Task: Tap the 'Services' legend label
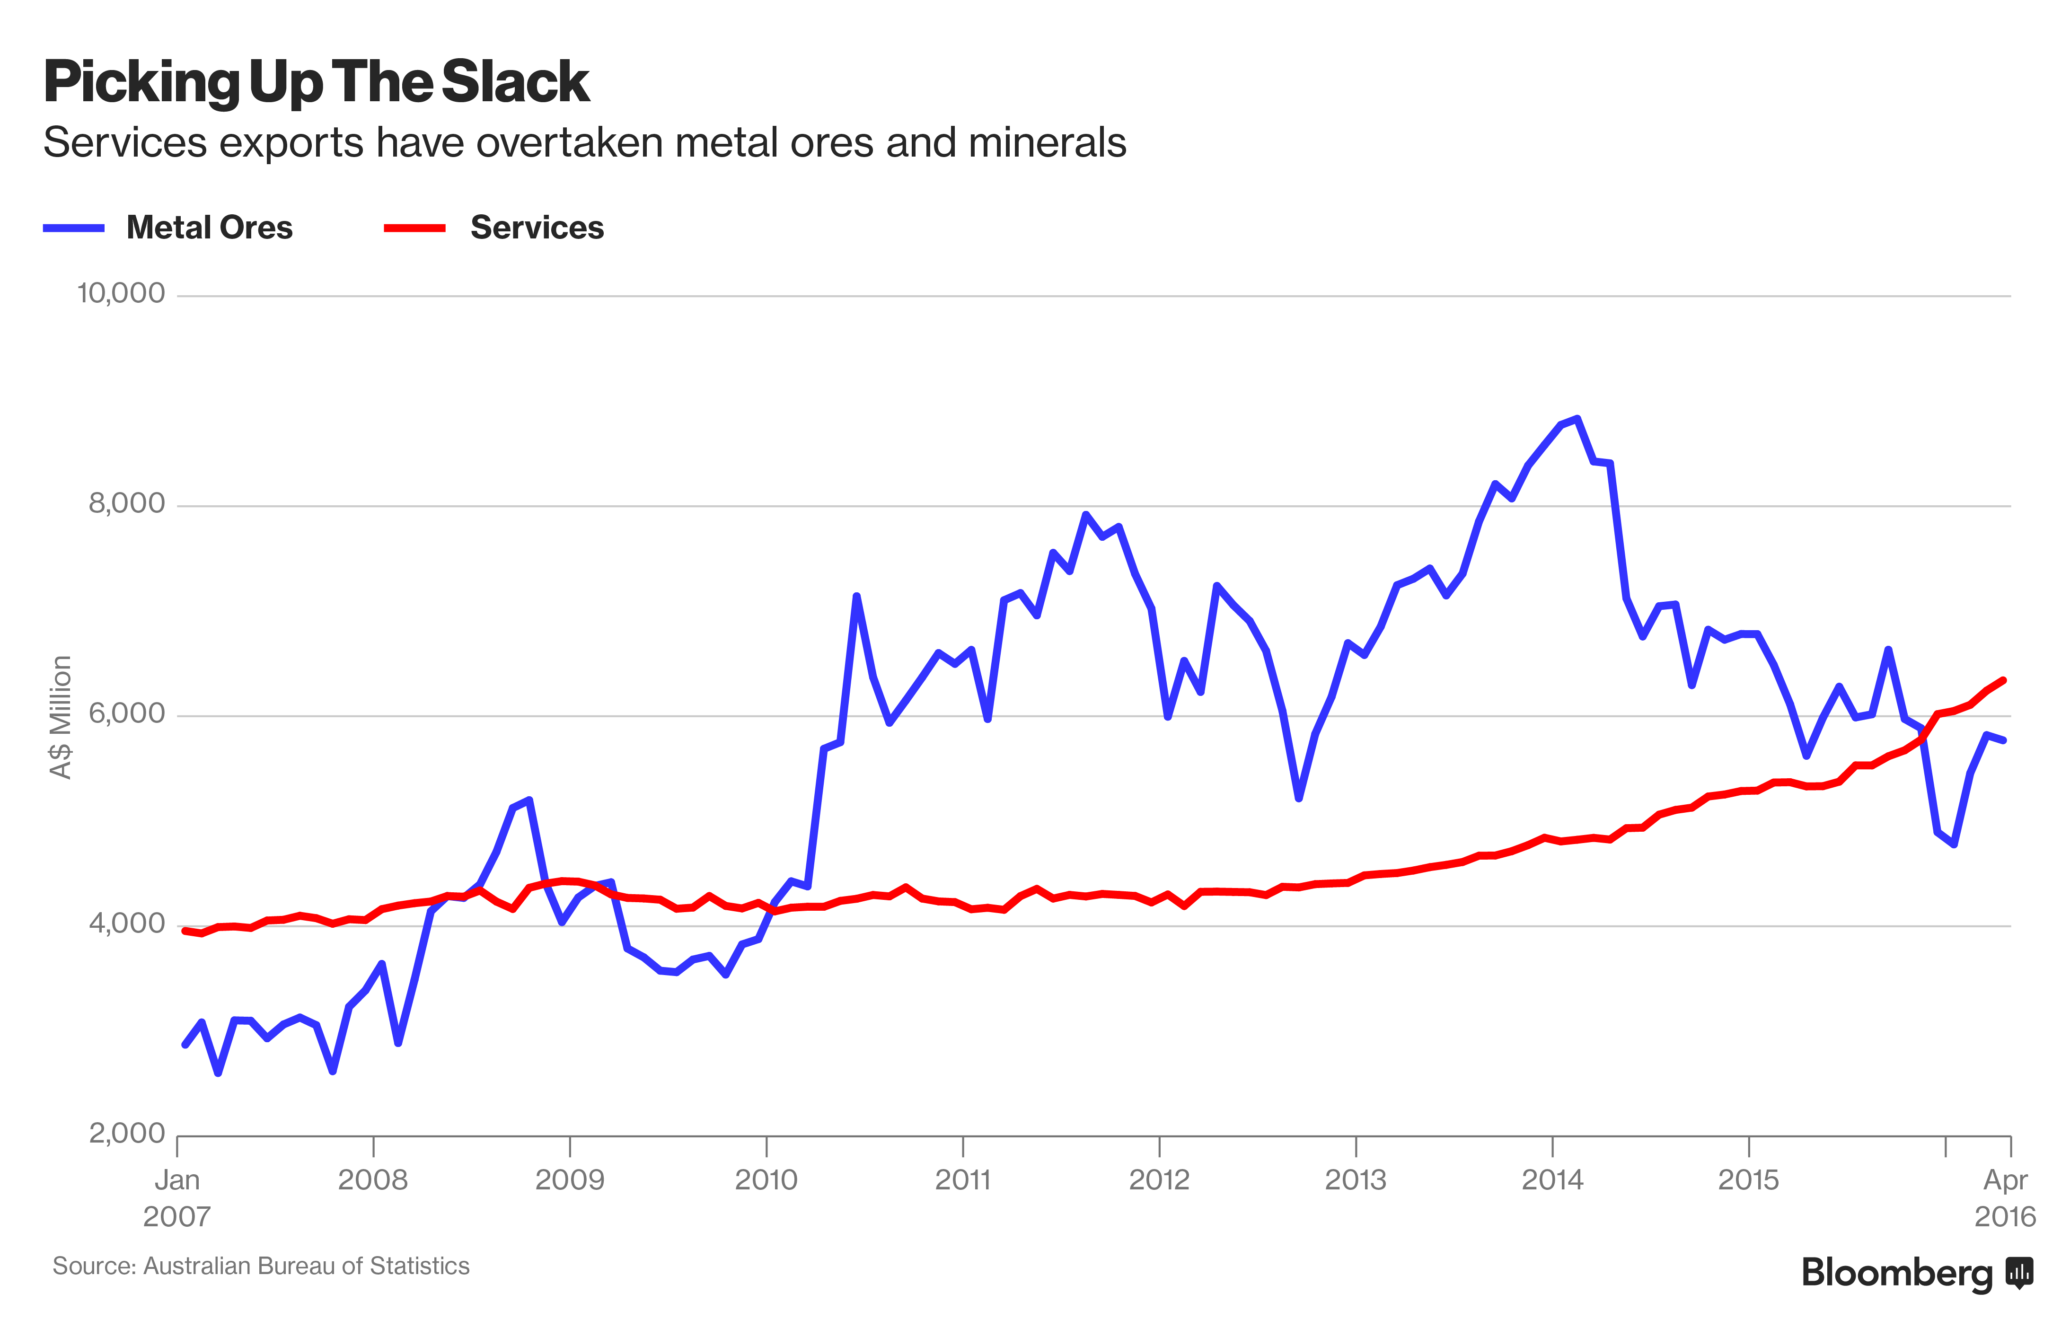pos(536,228)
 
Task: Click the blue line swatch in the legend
pos(74,228)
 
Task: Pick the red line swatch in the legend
pos(414,228)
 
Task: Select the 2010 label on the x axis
pos(766,1179)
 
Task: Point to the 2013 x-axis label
pos(1355,1179)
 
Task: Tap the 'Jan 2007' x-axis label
pos(177,1198)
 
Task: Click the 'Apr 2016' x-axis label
pos(2005,1198)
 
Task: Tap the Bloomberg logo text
pos(1897,1273)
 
